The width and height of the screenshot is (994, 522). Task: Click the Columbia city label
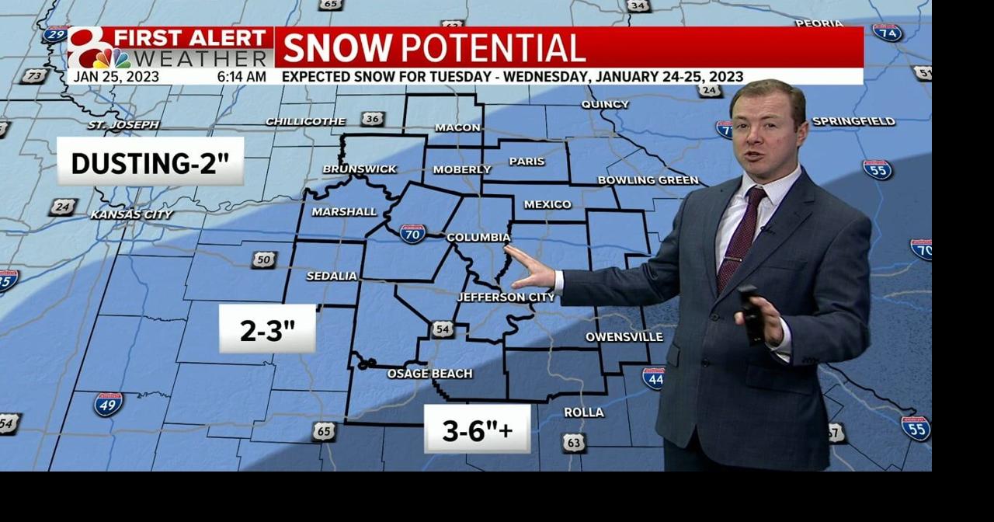[478, 238]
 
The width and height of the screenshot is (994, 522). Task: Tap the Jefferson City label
[506, 298]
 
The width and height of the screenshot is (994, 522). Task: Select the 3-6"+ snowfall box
[477, 429]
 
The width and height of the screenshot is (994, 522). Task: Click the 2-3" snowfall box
[267, 329]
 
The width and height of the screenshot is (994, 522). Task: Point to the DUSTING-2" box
[150, 162]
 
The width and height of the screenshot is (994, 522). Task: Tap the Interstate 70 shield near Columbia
[412, 233]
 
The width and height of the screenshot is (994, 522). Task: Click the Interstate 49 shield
[108, 404]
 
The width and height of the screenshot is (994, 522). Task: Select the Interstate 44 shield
[653, 378]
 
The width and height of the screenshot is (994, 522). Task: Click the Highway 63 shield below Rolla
[573, 443]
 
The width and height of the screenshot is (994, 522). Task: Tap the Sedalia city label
[332, 276]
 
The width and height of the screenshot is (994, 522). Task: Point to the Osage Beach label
[429, 374]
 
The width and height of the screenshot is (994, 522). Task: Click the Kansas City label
[132, 214]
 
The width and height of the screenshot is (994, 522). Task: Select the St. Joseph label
[123, 124]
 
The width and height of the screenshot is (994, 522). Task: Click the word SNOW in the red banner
[337, 48]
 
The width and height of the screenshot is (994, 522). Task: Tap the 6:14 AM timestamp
[242, 77]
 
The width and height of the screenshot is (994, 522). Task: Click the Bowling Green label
[648, 180]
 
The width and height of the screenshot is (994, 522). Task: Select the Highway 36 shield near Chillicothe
[373, 119]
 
